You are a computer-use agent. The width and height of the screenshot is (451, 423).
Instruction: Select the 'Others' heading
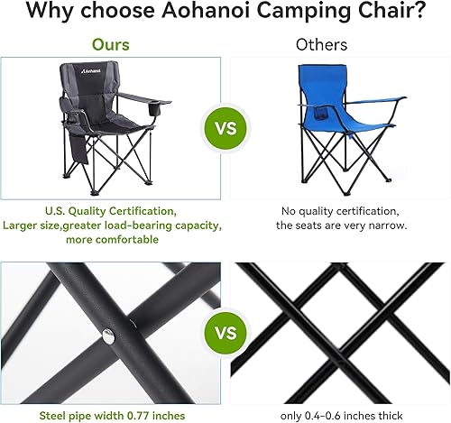coord(321,44)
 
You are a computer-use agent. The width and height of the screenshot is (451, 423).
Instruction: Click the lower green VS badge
coord(225,334)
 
